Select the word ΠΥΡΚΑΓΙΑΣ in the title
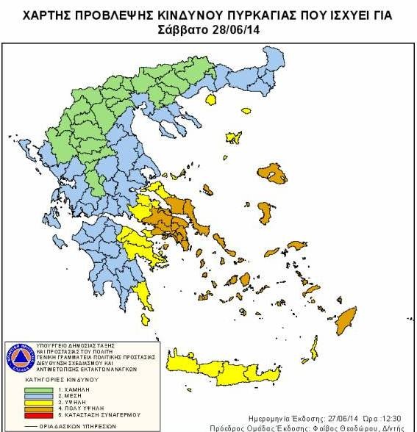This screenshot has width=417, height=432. click(x=263, y=15)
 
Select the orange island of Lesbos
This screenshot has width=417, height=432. click(x=277, y=175)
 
